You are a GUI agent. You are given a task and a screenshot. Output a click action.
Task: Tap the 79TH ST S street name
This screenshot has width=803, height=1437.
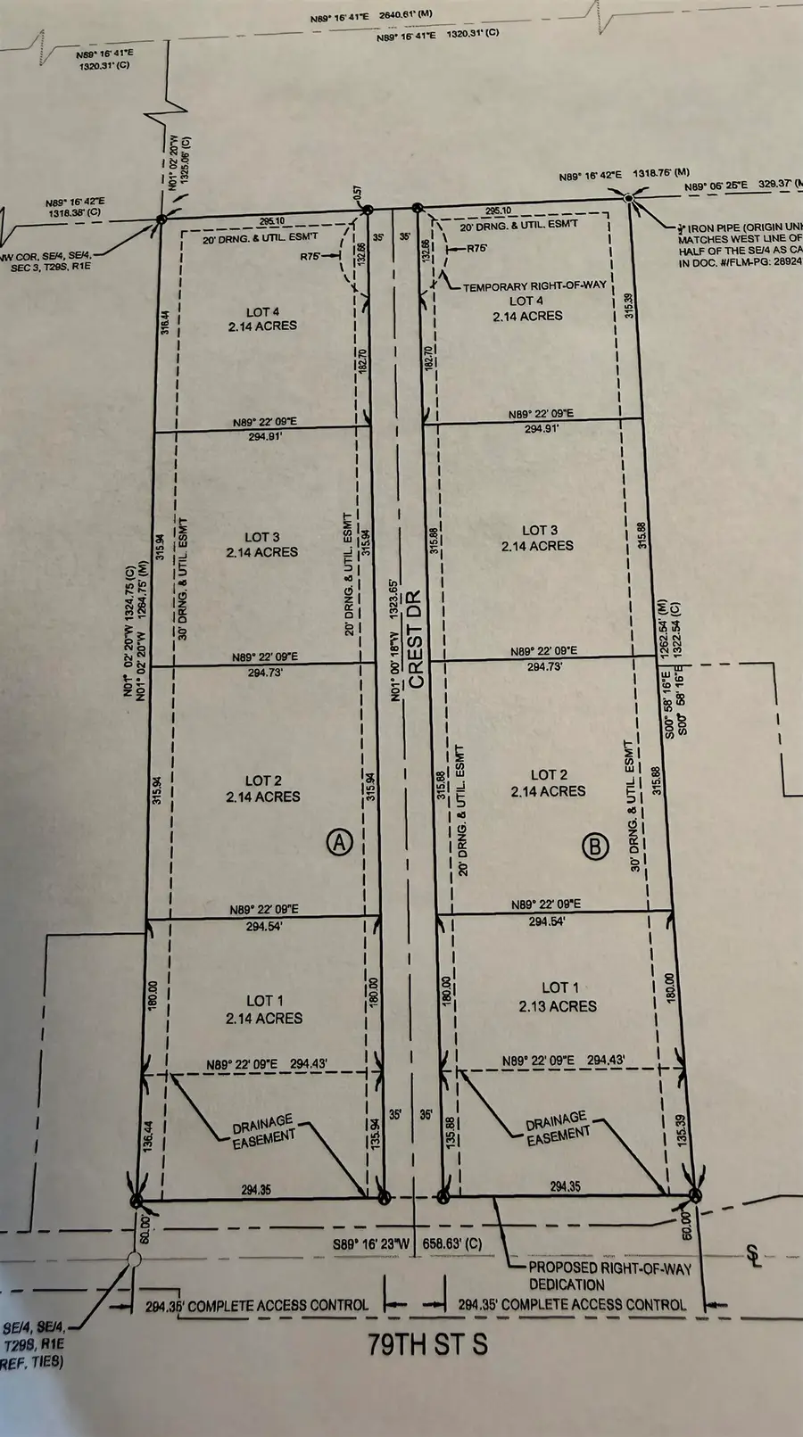427,1344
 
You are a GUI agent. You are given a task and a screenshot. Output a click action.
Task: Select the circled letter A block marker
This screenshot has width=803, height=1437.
340,841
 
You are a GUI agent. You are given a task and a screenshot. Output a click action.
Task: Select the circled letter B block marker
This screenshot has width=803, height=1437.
595,846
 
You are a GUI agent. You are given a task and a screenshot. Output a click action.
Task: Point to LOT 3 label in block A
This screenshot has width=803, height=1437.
262,545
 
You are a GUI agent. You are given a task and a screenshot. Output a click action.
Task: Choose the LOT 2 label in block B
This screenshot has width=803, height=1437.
549,783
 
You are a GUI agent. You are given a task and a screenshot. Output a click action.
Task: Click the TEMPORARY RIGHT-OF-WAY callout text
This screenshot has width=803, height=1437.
534,285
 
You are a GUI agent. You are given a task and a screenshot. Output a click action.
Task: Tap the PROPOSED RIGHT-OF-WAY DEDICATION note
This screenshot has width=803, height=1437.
609,1276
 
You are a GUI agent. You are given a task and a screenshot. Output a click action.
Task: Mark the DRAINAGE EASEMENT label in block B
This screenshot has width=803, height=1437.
558,1127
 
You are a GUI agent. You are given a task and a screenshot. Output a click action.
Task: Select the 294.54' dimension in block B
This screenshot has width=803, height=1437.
546,921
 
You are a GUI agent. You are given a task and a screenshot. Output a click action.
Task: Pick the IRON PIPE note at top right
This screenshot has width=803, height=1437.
740,239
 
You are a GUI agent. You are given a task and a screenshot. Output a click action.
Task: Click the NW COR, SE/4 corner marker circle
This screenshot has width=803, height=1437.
161,219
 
